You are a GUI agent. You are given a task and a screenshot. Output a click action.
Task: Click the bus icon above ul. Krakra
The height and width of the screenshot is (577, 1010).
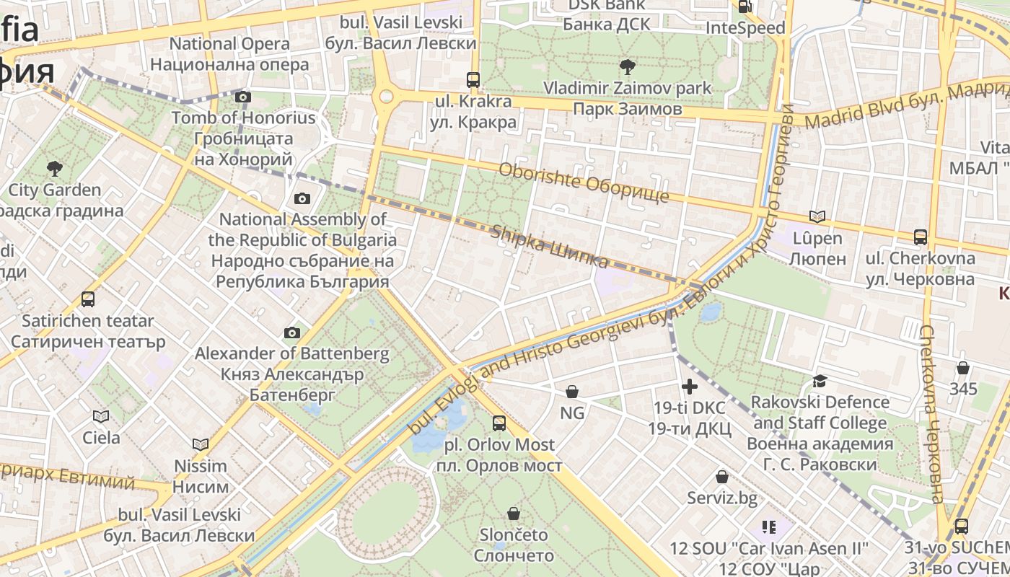click(x=473, y=79)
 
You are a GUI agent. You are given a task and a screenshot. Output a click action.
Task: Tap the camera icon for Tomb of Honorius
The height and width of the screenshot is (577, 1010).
click(x=243, y=97)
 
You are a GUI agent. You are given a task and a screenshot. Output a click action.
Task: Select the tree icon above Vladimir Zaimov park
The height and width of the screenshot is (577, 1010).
click(x=627, y=67)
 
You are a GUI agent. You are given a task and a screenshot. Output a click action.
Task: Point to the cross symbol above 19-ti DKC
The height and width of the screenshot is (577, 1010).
click(x=690, y=387)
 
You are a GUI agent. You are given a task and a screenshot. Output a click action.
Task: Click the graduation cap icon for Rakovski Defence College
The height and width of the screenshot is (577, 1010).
click(x=819, y=381)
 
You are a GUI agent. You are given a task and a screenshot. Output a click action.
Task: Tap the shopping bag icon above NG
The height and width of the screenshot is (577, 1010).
click(x=572, y=392)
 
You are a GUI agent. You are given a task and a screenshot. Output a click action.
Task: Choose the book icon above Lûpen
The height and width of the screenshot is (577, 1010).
click(x=817, y=216)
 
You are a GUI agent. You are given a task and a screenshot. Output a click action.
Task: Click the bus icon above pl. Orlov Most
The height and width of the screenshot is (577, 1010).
click(x=499, y=423)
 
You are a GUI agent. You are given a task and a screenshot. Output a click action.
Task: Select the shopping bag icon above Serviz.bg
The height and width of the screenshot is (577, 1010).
click(x=721, y=477)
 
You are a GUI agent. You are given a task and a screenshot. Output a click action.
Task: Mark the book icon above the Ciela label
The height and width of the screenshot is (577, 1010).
click(x=101, y=416)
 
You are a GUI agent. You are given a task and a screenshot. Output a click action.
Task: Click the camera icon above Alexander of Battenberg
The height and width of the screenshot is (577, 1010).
click(x=291, y=332)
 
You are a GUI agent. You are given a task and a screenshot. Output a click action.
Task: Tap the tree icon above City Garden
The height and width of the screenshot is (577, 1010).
click(x=54, y=169)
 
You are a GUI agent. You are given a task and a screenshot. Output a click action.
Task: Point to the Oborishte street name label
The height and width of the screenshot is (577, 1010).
click(x=584, y=182)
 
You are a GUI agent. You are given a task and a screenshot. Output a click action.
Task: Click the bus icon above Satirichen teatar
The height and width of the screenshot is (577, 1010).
click(x=88, y=299)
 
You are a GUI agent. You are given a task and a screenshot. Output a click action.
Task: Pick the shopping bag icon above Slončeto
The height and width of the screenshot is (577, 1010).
click(x=514, y=514)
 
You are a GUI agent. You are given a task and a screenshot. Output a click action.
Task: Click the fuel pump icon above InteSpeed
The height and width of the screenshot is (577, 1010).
click(x=745, y=7)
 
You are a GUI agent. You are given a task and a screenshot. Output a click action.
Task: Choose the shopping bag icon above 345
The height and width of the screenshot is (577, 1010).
click(x=962, y=368)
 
